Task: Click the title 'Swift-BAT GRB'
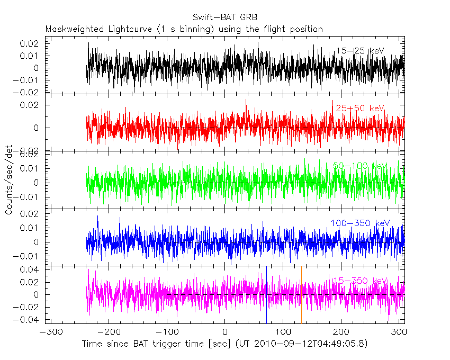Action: point(224,18)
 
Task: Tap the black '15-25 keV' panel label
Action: point(359,51)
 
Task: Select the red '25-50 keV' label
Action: point(360,108)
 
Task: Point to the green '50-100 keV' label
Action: point(360,166)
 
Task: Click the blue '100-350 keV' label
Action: point(360,223)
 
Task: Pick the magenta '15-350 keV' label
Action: point(360,280)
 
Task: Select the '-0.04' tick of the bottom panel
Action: point(29,320)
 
